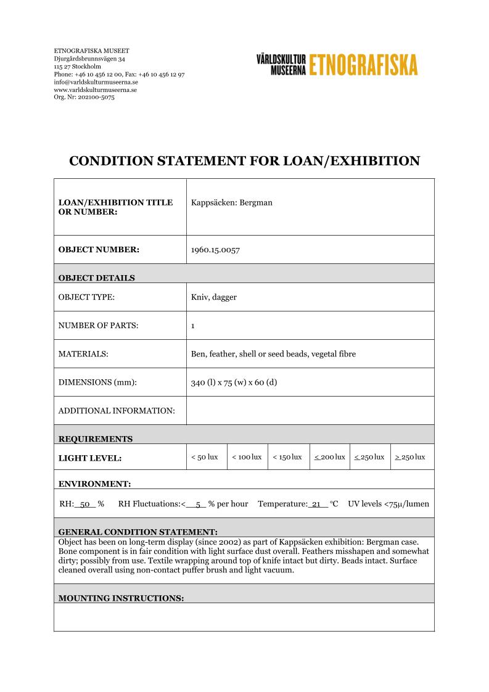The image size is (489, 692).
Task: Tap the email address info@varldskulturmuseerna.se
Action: [x=96, y=82]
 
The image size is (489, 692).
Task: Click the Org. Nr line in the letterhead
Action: [x=84, y=97]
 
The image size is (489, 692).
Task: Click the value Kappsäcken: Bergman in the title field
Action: [x=232, y=202]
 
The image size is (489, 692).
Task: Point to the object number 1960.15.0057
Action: [x=215, y=250]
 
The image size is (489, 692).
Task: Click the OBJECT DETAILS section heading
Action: [x=97, y=278]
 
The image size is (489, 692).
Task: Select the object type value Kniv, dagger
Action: [x=214, y=297]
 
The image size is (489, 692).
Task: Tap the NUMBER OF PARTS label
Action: [x=98, y=326]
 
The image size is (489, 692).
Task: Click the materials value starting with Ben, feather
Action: [x=273, y=354]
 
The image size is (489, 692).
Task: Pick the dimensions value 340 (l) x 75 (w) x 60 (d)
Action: [x=234, y=382]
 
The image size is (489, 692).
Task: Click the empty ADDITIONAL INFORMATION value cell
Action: [x=310, y=410]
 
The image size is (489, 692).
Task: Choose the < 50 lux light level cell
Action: [x=205, y=457]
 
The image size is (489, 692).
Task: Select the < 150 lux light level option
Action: [x=287, y=457]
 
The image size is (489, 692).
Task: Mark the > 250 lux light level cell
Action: [x=410, y=457]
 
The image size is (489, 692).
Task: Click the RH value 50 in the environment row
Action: [x=86, y=504]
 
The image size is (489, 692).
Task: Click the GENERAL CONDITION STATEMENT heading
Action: [x=138, y=532]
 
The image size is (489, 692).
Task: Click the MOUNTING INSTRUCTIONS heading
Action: [x=121, y=598]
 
